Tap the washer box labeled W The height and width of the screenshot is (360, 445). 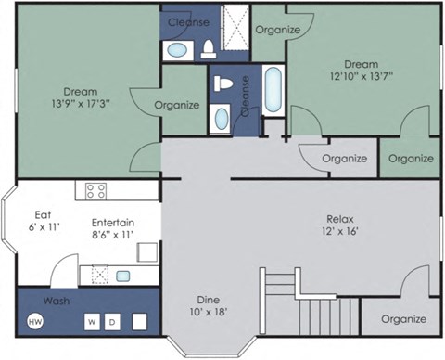[93, 322]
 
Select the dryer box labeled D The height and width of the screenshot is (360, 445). [113, 322]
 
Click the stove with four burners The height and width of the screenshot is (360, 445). [95, 192]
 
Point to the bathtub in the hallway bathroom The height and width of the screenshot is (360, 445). [274, 90]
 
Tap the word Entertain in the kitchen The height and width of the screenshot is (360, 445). [114, 223]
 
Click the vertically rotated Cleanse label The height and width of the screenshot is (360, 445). [244, 96]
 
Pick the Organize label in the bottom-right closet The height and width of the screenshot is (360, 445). [402, 319]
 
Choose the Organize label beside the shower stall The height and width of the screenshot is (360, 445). [278, 30]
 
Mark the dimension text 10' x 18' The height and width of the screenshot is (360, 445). [209, 313]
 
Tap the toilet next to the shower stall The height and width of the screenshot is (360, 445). [208, 47]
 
